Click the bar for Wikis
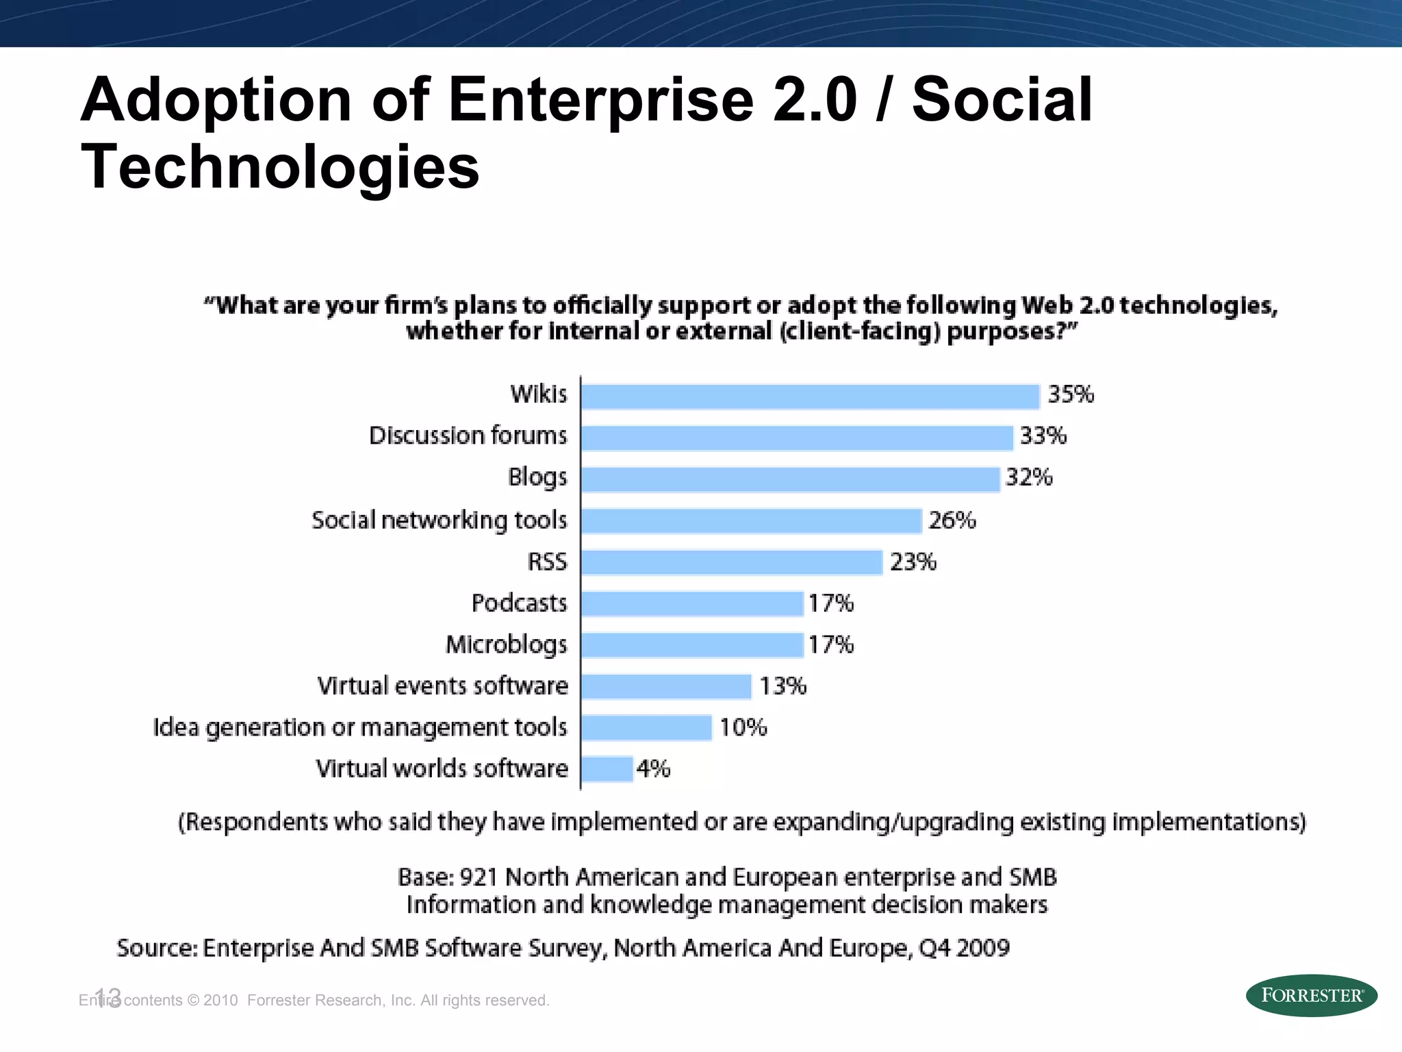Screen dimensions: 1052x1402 pos(811,397)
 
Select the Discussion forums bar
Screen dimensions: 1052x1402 pos(797,438)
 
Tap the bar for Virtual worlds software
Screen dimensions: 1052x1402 pos(607,768)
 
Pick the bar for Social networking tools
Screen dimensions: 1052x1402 pos(752,521)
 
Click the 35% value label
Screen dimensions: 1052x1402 pos(1071,394)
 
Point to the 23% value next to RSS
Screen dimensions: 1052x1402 pos(913,562)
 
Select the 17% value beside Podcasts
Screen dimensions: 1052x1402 pos(830,603)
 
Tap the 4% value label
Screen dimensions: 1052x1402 pos(653,768)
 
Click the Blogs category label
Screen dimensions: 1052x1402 pos(537,477)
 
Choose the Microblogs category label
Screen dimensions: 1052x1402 pos(507,644)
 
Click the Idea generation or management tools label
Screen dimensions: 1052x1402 pos(360,727)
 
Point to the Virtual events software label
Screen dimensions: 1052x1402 pos(442,686)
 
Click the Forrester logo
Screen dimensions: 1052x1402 pos(1311,995)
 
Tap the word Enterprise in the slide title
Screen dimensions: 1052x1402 pos(600,100)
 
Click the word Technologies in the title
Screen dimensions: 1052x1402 pos(280,167)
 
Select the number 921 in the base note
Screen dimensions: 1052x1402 pos(479,877)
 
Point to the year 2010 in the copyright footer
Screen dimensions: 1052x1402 pos(220,1001)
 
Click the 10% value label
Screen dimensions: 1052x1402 pos(743,727)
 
